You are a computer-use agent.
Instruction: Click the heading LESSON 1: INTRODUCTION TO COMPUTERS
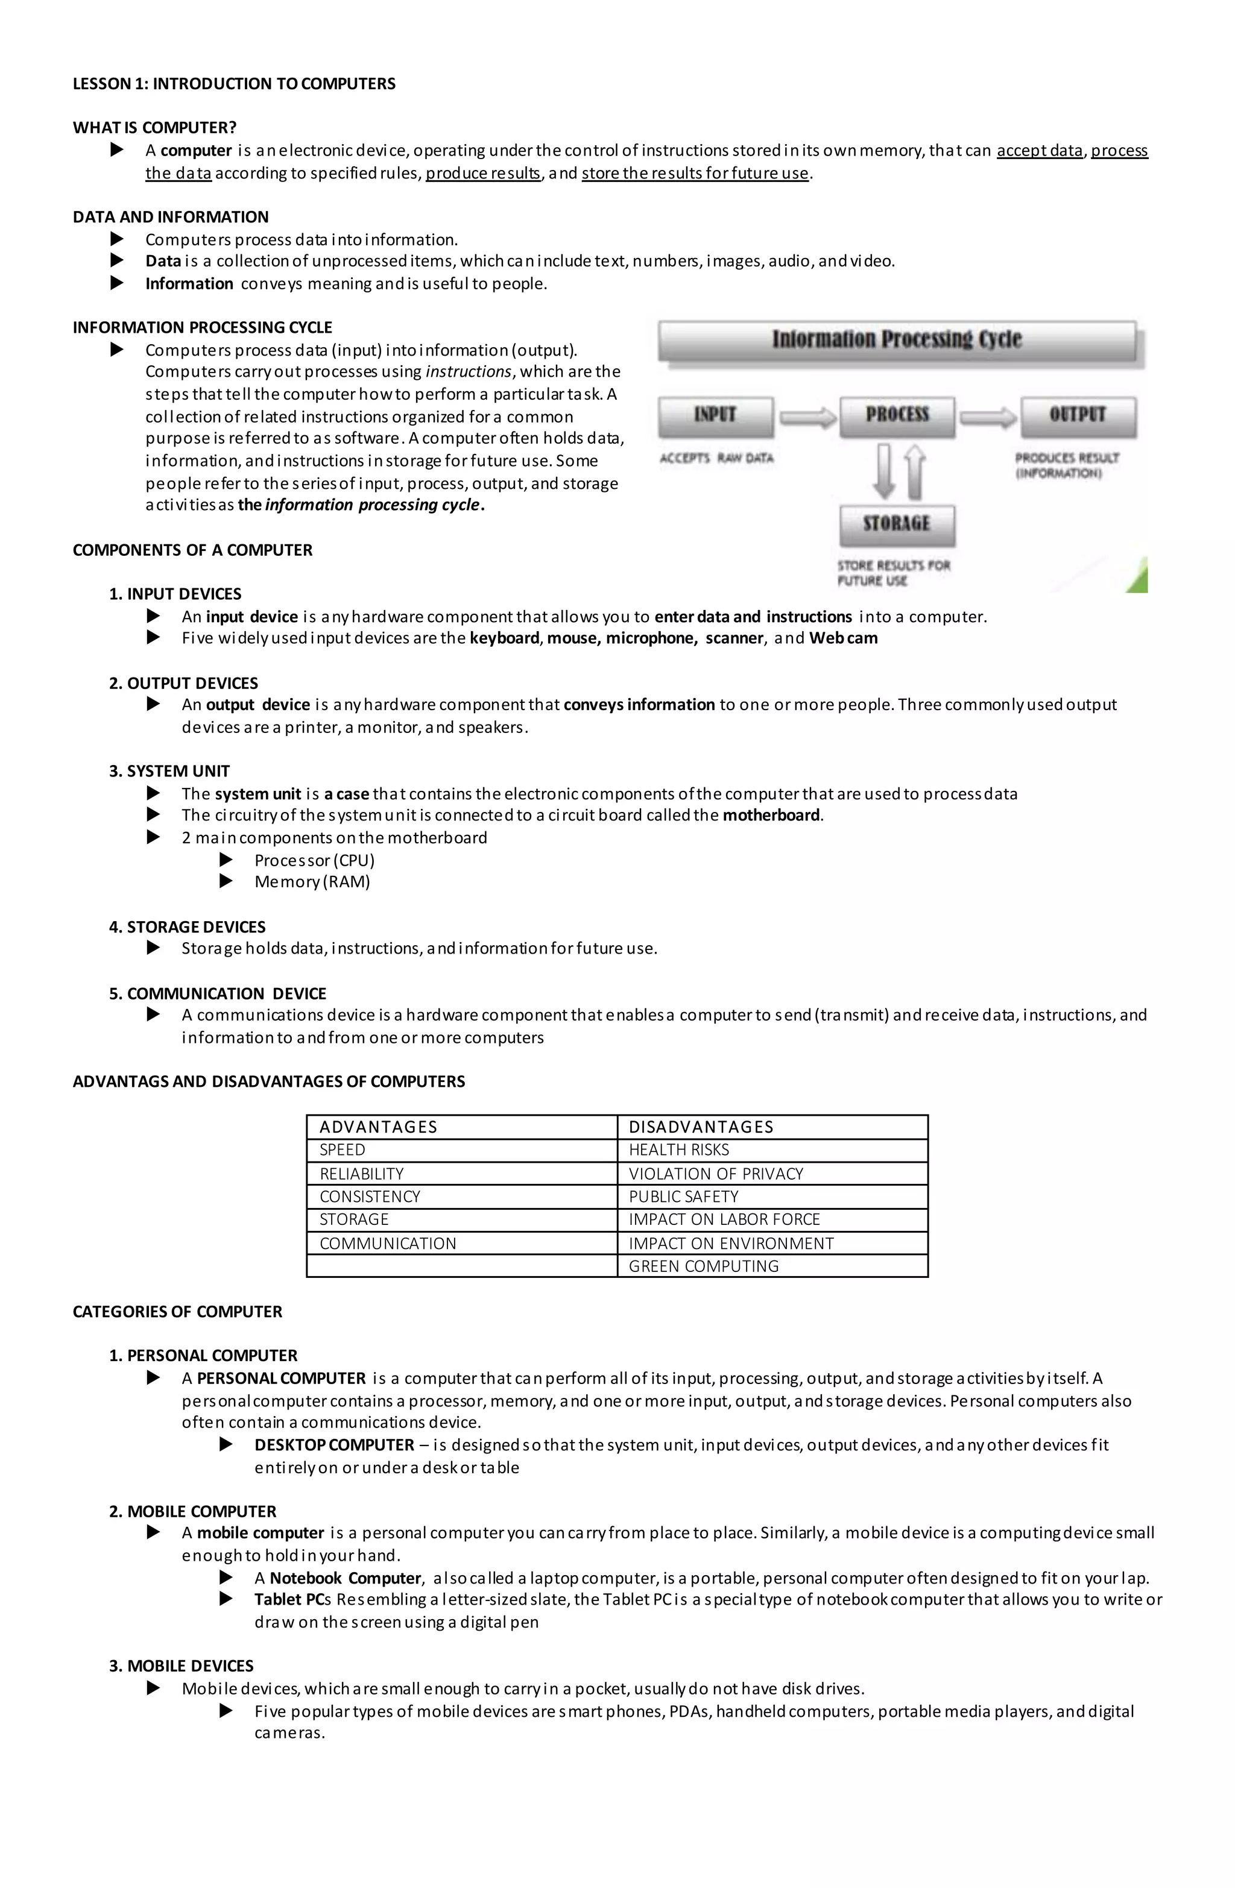point(234,84)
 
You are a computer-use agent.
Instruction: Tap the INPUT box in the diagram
point(715,416)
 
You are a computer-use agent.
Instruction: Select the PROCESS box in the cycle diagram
point(897,416)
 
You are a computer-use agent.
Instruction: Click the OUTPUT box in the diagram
point(1077,416)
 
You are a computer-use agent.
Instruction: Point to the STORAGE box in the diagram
point(897,524)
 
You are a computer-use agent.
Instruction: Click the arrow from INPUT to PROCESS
point(807,417)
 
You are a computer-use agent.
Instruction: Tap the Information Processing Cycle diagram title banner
point(897,341)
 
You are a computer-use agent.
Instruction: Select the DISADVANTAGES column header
point(701,1127)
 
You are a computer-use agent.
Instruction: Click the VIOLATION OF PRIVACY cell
point(715,1174)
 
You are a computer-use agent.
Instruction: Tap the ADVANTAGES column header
point(378,1127)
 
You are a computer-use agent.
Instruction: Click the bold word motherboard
point(771,816)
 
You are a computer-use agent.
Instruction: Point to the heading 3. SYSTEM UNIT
point(169,771)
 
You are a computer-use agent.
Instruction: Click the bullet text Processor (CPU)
point(314,861)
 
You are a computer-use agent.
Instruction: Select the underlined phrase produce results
point(482,174)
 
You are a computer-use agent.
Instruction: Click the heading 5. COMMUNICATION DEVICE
point(218,994)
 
